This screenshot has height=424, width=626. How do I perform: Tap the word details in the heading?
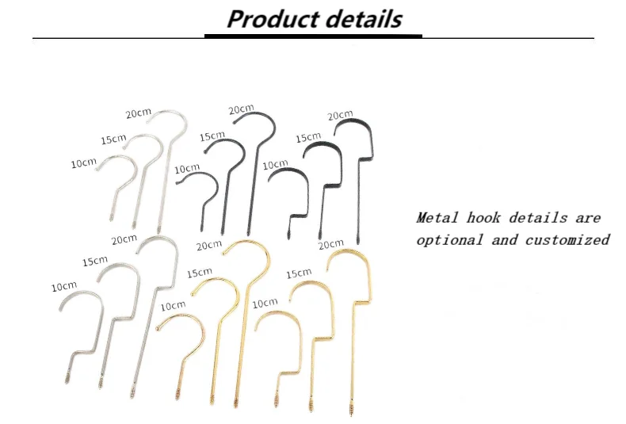[361, 19]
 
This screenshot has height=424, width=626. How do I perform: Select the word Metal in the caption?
[437, 217]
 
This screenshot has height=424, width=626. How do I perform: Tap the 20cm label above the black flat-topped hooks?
[340, 116]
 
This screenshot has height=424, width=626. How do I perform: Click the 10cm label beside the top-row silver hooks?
[83, 163]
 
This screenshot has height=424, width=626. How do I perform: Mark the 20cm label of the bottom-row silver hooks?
[124, 239]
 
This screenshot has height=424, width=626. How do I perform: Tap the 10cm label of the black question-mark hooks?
[187, 168]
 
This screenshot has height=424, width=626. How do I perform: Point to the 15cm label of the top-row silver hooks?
[113, 139]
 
